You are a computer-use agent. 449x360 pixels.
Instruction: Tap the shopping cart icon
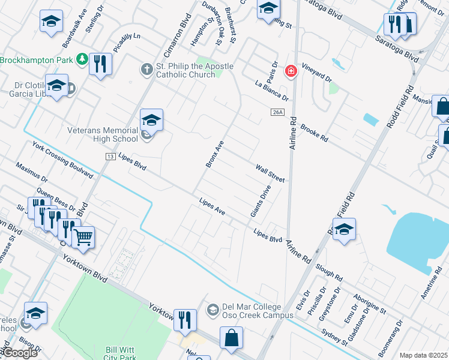pos(83,237)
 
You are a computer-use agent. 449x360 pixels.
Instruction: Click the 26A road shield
pos(277,112)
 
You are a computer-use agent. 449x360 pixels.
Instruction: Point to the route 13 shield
pos(110,156)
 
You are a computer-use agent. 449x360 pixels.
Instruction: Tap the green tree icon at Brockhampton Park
pos(81,59)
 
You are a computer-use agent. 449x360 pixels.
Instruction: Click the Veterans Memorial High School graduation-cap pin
pos(152,121)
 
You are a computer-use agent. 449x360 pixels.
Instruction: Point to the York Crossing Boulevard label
pos(63,160)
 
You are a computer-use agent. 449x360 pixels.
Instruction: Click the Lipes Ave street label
pos(212,208)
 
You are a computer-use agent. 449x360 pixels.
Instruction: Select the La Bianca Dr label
pos(272,91)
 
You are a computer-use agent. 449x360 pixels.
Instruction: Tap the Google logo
pos(20,352)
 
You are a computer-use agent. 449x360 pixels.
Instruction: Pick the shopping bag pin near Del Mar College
pos(231,338)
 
